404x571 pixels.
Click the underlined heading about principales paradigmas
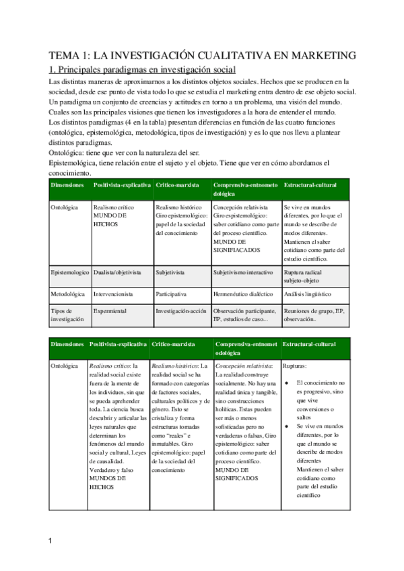[142, 69]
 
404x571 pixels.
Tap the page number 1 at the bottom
[50, 541]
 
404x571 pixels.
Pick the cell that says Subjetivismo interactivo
[243, 273]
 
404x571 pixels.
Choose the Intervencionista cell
[113, 294]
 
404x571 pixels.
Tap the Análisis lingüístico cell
[308, 294]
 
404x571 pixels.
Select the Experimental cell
[109, 311]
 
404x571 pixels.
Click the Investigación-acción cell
[180, 311]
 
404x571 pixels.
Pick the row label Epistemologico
[69, 273]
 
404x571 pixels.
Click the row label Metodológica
[68, 294]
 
